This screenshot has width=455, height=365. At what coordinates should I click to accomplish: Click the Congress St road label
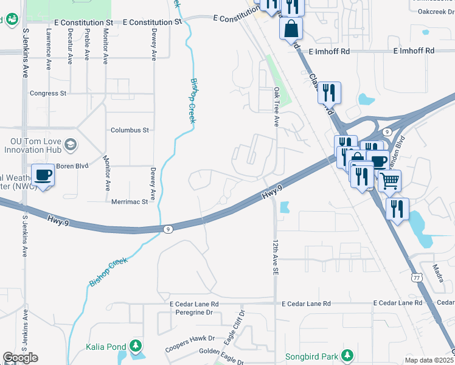[48, 94]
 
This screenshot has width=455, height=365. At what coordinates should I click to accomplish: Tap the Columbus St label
[130, 130]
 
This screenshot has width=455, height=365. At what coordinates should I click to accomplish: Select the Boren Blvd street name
[73, 165]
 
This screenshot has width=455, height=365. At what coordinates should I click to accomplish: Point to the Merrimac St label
[129, 201]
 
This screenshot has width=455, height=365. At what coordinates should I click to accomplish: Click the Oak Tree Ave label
[276, 106]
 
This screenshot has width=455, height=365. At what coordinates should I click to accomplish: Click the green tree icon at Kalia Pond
[135, 347]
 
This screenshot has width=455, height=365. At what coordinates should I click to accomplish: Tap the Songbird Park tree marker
[347, 355]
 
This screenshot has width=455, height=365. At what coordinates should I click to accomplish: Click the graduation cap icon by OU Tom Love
[71, 145]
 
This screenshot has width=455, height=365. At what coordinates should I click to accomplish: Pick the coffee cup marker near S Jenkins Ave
[43, 175]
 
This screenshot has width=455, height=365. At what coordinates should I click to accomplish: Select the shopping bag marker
[291, 28]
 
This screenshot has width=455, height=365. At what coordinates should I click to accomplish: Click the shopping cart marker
[389, 179]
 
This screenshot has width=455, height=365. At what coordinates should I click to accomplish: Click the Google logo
[20, 358]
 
